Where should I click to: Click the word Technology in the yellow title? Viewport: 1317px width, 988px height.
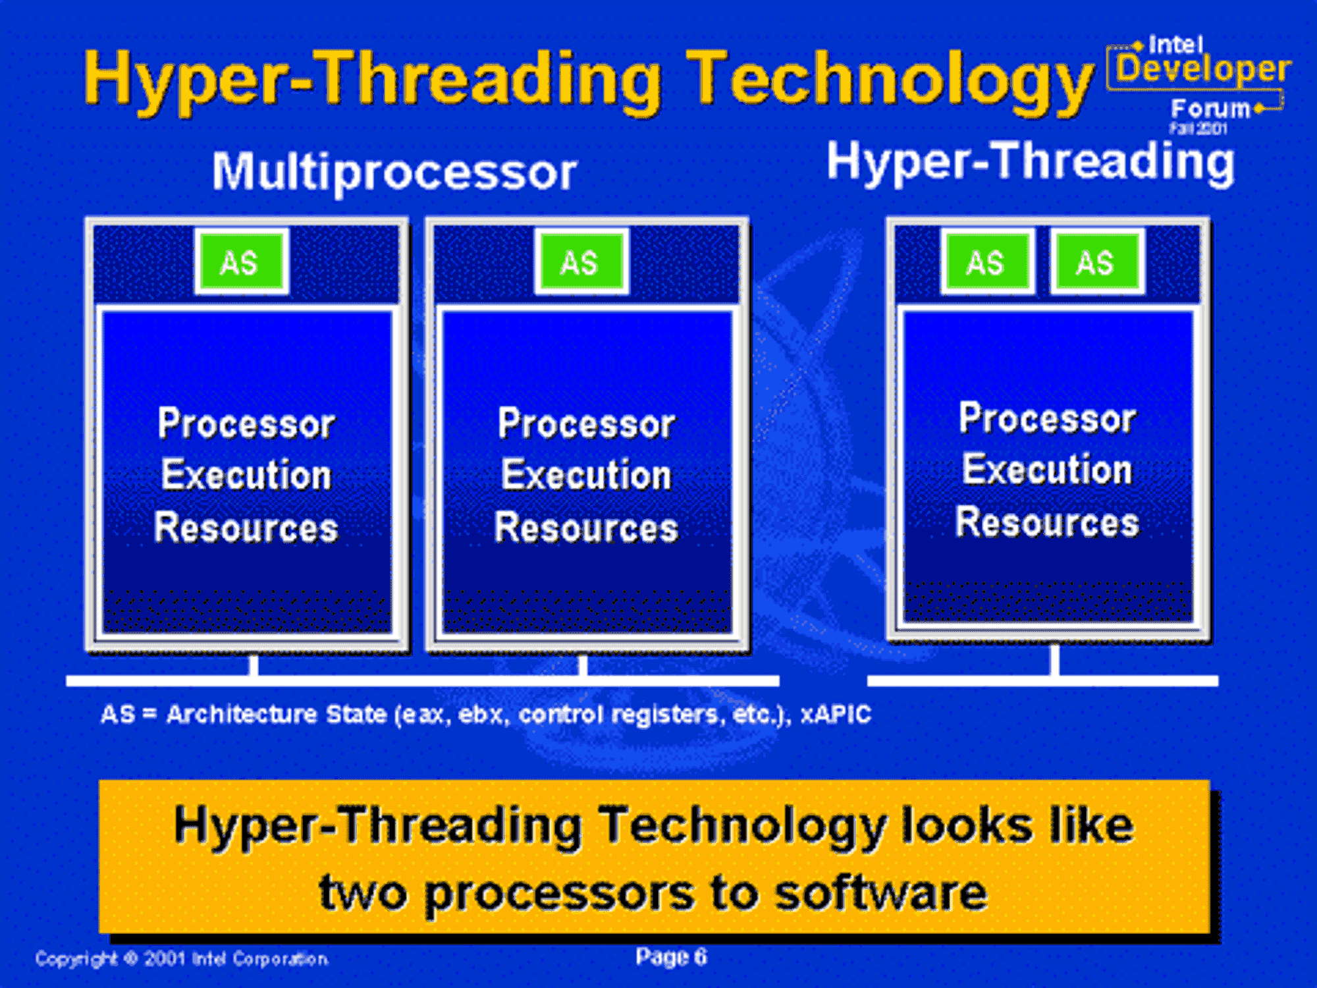tap(889, 82)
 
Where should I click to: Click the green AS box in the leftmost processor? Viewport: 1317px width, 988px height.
tap(242, 261)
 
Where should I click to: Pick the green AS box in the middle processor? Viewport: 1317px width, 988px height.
tap(581, 261)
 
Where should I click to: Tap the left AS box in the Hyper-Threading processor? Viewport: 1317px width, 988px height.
tap(987, 261)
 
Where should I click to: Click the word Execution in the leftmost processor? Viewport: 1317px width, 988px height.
tap(246, 475)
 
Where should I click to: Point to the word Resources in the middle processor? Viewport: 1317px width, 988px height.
tap(586, 528)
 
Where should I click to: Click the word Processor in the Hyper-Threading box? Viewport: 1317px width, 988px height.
tap(1047, 418)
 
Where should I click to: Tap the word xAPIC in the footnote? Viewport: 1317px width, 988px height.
tap(836, 714)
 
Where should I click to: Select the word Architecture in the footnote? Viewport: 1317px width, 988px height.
tap(242, 714)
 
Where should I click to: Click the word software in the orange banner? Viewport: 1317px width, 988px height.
tap(880, 894)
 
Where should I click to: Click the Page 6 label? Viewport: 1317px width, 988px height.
tap(671, 956)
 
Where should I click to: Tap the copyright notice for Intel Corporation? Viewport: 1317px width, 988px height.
tap(182, 959)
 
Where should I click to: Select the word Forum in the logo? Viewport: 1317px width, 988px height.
tap(1210, 108)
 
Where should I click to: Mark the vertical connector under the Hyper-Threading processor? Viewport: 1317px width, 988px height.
tap(1054, 659)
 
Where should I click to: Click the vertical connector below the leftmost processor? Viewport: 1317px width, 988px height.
tap(254, 665)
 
